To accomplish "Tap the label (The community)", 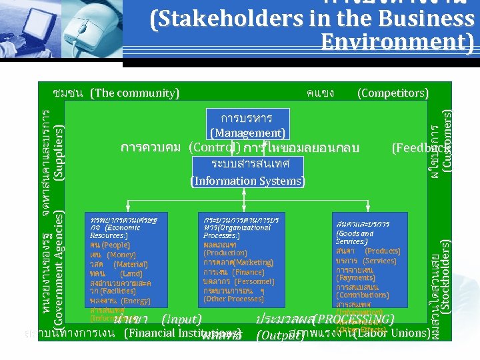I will (135, 93).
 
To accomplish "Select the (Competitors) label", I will (393, 93).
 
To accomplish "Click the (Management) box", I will (248, 133).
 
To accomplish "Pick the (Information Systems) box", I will (247, 181).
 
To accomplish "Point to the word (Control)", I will (215, 147).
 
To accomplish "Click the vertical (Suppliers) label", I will (59, 154).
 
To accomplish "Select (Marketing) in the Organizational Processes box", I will (244, 262).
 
